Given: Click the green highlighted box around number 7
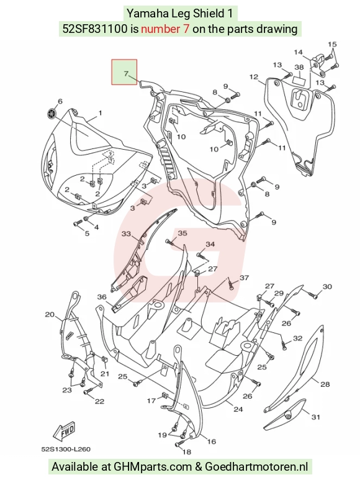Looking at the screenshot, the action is click(x=124, y=72).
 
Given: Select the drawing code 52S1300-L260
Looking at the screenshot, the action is click(x=66, y=449).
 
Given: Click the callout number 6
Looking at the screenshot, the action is click(x=60, y=101).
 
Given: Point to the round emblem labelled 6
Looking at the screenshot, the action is click(x=52, y=114).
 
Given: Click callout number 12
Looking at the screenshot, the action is click(x=254, y=76).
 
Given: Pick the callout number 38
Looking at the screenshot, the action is click(x=299, y=67).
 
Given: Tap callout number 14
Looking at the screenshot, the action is click(x=298, y=52).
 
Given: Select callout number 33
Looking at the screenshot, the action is click(x=126, y=234).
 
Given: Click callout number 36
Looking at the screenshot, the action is click(x=102, y=297).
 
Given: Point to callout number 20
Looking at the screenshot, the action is click(x=50, y=314).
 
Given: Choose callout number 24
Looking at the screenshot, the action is click(x=238, y=409).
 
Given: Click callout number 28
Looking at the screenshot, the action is click(x=325, y=384).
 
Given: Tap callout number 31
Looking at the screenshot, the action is click(x=316, y=417).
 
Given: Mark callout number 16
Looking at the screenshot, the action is click(x=212, y=441).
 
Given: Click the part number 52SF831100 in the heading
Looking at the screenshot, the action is click(x=95, y=29).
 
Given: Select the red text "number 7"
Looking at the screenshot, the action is click(x=165, y=29).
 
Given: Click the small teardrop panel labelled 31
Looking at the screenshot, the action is click(x=284, y=414).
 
